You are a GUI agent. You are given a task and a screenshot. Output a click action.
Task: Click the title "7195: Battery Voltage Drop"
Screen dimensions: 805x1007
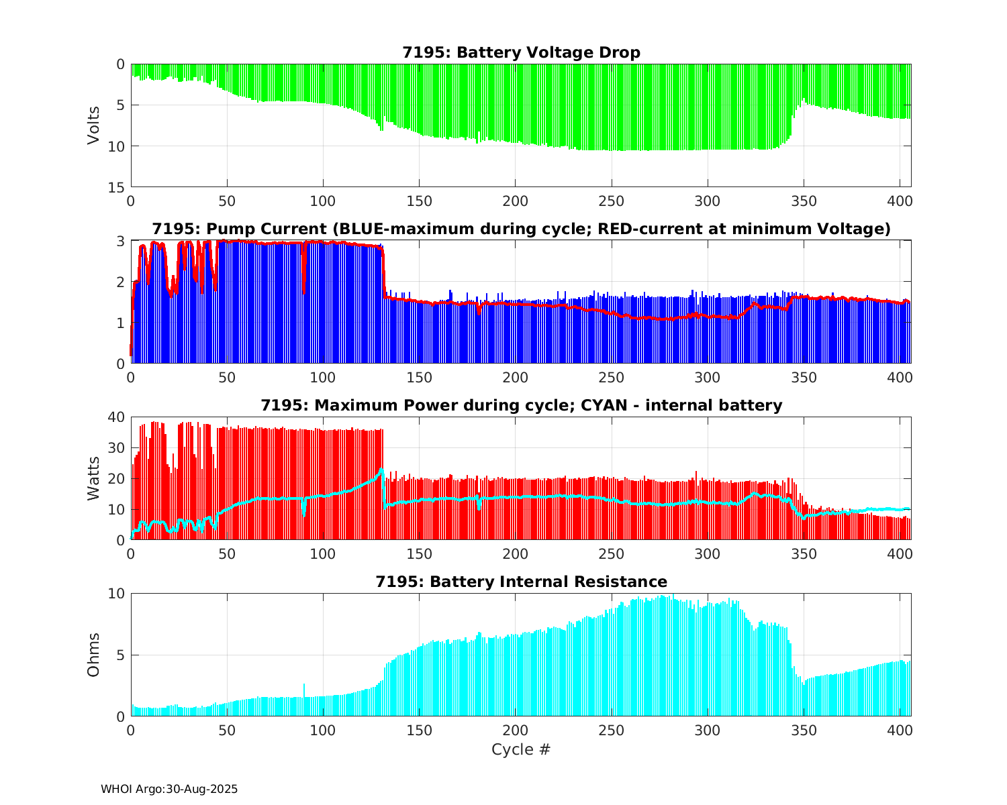click(521, 52)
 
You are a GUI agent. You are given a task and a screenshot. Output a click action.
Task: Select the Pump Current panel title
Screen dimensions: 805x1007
click(521, 229)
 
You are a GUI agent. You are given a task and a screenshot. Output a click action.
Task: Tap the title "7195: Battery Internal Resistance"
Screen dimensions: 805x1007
click(521, 582)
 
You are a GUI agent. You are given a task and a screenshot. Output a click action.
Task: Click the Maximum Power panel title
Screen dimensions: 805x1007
click(521, 405)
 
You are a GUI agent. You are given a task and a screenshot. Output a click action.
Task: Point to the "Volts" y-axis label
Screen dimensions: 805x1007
click(93, 125)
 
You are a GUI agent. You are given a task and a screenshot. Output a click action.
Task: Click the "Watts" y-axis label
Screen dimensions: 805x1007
click(93, 478)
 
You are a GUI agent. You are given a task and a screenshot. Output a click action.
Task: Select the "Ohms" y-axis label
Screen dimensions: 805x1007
click(93, 655)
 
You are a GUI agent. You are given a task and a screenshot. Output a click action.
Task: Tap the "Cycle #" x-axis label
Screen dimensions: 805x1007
click(521, 749)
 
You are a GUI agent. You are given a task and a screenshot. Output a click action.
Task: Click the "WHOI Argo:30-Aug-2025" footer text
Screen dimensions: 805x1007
click(169, 790)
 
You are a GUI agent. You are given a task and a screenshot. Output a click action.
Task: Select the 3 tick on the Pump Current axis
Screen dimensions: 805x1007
click(122, 241)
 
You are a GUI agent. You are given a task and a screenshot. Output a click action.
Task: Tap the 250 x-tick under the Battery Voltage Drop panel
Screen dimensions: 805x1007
click(612, 201)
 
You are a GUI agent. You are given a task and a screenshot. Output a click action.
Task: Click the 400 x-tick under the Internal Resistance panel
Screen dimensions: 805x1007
click(900, 731)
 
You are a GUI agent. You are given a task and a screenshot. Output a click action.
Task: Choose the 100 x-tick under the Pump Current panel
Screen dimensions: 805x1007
click(323, 378)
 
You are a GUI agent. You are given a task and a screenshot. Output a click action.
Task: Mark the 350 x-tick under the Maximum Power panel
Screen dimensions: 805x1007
click(804, 554)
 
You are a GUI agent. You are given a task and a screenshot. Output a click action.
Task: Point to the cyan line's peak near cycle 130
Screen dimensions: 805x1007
click(381, 470)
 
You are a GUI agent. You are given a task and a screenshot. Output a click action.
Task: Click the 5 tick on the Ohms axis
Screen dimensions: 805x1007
click(122, 655)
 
